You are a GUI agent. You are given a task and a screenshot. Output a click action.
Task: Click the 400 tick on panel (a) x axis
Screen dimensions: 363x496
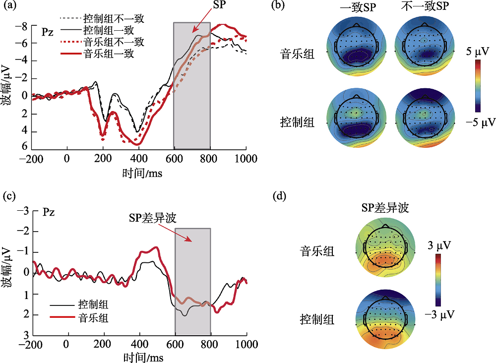click(139, 159)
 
